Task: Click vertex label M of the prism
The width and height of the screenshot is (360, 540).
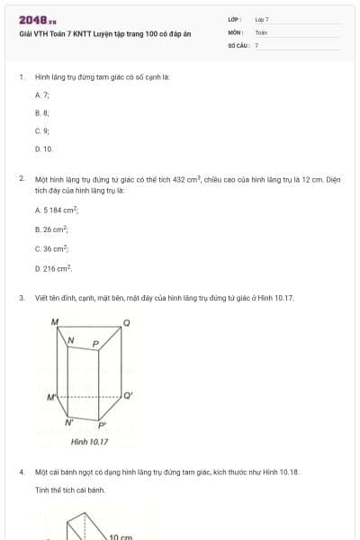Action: pos(54,321)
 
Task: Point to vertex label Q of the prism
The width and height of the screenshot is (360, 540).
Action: pos(126,322)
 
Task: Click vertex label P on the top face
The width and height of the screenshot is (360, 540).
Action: pos(95,344)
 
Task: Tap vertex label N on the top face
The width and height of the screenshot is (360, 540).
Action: pos(72,340)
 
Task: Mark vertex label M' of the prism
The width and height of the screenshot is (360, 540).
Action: pos(51,397)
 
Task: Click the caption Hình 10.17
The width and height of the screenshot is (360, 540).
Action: pos(89,442)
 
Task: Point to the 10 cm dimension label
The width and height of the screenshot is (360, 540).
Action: pos(121,536)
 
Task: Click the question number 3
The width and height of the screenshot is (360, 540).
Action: pos(21,298)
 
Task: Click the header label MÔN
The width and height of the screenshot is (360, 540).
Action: pos(236,31)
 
